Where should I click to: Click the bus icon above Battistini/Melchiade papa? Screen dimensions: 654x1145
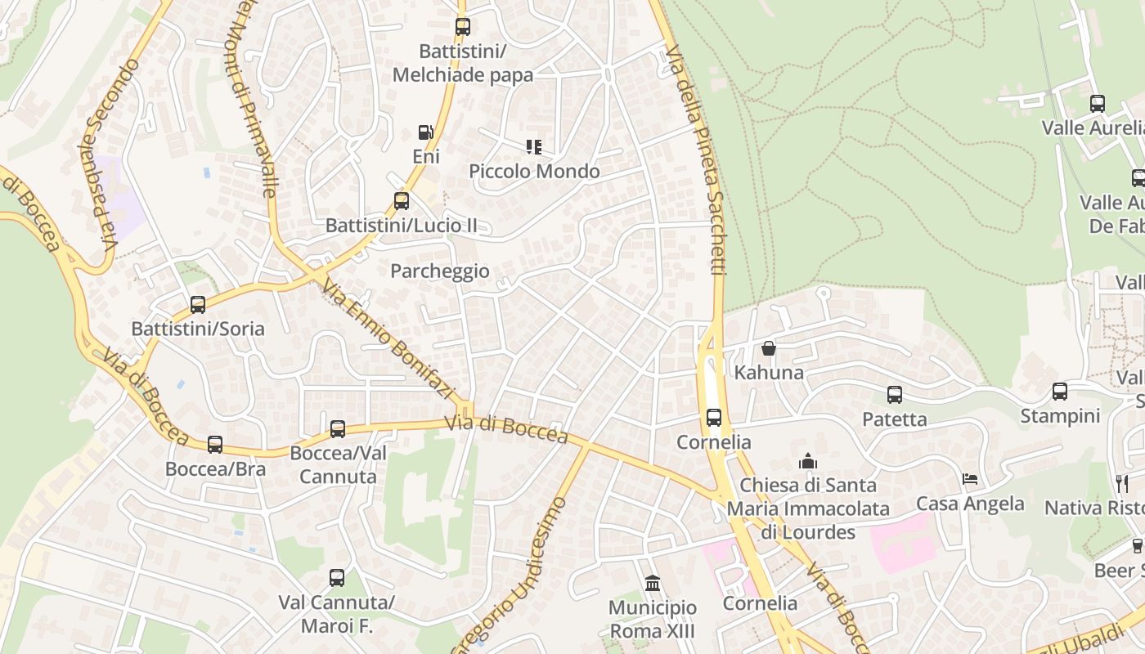point(463,27)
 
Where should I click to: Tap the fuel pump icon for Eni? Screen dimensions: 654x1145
point(425,132)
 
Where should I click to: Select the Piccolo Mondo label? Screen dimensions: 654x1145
point(534,172)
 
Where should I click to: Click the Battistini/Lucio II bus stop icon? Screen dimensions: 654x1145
point(401,201)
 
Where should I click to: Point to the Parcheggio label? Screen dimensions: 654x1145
point(440,271)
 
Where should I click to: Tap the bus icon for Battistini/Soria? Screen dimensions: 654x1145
point(198,305)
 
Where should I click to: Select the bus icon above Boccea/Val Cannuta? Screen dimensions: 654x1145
point(338,429)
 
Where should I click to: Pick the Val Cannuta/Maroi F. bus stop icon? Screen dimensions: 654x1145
point(337,579)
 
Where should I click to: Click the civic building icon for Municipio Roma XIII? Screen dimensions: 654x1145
point(653,584)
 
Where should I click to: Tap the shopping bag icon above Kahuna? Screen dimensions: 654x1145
point(769,349)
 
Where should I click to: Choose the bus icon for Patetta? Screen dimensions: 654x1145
point(895,395)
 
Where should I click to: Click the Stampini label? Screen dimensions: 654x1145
point(1060,416)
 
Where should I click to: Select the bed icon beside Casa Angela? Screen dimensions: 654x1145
point(970,479)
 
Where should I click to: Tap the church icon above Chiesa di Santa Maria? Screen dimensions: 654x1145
point(808,461)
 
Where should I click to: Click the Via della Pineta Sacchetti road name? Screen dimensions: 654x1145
point(696,159)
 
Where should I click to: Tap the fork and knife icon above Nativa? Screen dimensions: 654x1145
point(1122,484)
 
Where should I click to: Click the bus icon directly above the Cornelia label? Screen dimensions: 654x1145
point(714,418)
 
